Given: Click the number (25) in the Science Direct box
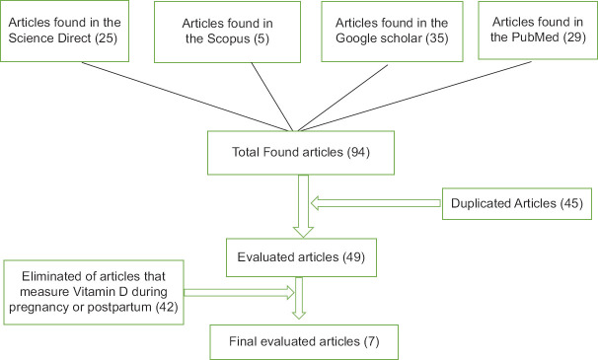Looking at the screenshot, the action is coord(106,38).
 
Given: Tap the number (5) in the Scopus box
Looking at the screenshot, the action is coord(262,38).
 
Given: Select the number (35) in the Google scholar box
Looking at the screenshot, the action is coord(437,38).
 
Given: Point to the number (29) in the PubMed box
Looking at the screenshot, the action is coord(574,37).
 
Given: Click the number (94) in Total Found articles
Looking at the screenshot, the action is coord(358,153).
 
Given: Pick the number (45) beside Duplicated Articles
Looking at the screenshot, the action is coord(571,203).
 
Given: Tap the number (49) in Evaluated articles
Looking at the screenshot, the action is coord(353,257).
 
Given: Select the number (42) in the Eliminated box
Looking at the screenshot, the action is coord(167,308).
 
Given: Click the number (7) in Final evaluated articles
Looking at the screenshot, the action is coord(371,341).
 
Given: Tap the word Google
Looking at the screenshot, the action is coord(354,38).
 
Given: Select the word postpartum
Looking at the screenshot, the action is coord(119,308).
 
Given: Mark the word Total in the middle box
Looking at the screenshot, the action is coord(246,152).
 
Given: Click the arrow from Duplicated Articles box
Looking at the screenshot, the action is coord(376,203).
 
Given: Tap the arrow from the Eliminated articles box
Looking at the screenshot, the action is coord(239,293).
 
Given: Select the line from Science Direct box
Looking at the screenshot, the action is coord(187,97).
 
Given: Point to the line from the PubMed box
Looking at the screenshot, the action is coord(414,96).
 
